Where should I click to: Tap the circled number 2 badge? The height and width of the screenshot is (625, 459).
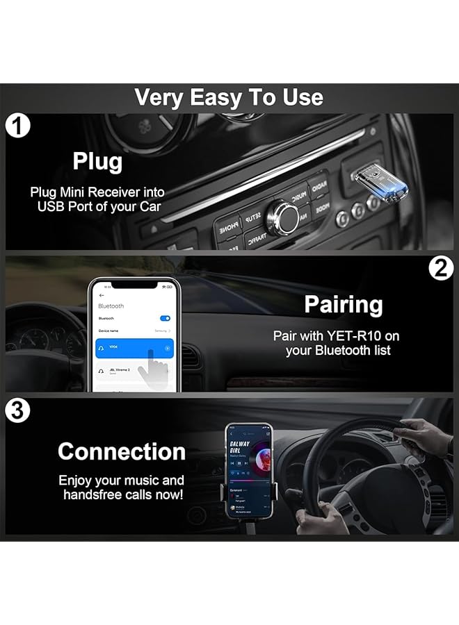440,268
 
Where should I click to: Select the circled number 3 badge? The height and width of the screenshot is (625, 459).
17,411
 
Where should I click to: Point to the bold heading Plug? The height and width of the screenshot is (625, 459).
97,161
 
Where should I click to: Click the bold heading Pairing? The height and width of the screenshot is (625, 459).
343,305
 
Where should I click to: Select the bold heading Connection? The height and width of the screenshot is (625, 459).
121,451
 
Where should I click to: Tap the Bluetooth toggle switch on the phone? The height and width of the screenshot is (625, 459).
165,318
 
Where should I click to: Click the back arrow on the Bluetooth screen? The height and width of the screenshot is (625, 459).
102,295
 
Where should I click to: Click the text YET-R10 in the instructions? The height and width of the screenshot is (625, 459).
355,336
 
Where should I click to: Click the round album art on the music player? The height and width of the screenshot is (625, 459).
259,449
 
